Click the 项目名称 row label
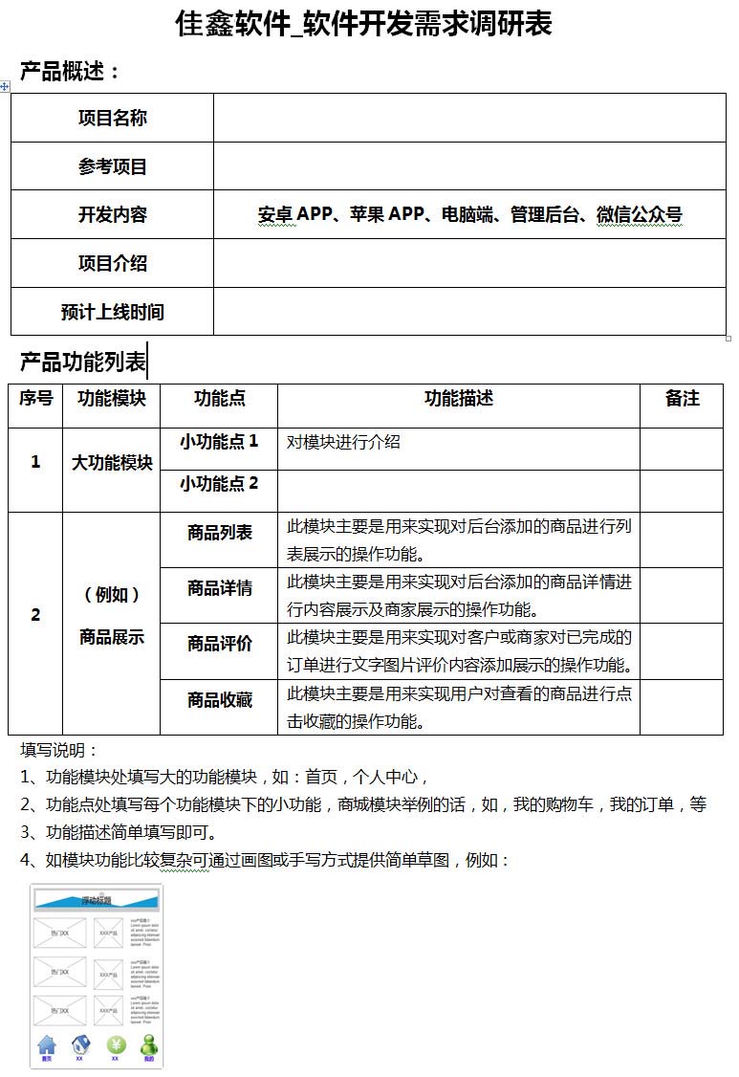113,119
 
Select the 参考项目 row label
113,167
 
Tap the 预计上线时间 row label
113,312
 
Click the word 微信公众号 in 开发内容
640,215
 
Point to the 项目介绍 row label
113,264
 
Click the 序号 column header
36,399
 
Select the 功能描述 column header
459,399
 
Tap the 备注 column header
682,399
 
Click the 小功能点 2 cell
219,484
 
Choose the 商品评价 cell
220,645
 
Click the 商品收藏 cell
220,701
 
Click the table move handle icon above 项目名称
5,87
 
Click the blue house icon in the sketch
47,1044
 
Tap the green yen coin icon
116,1044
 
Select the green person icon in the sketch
149,1044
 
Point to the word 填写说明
59,750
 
